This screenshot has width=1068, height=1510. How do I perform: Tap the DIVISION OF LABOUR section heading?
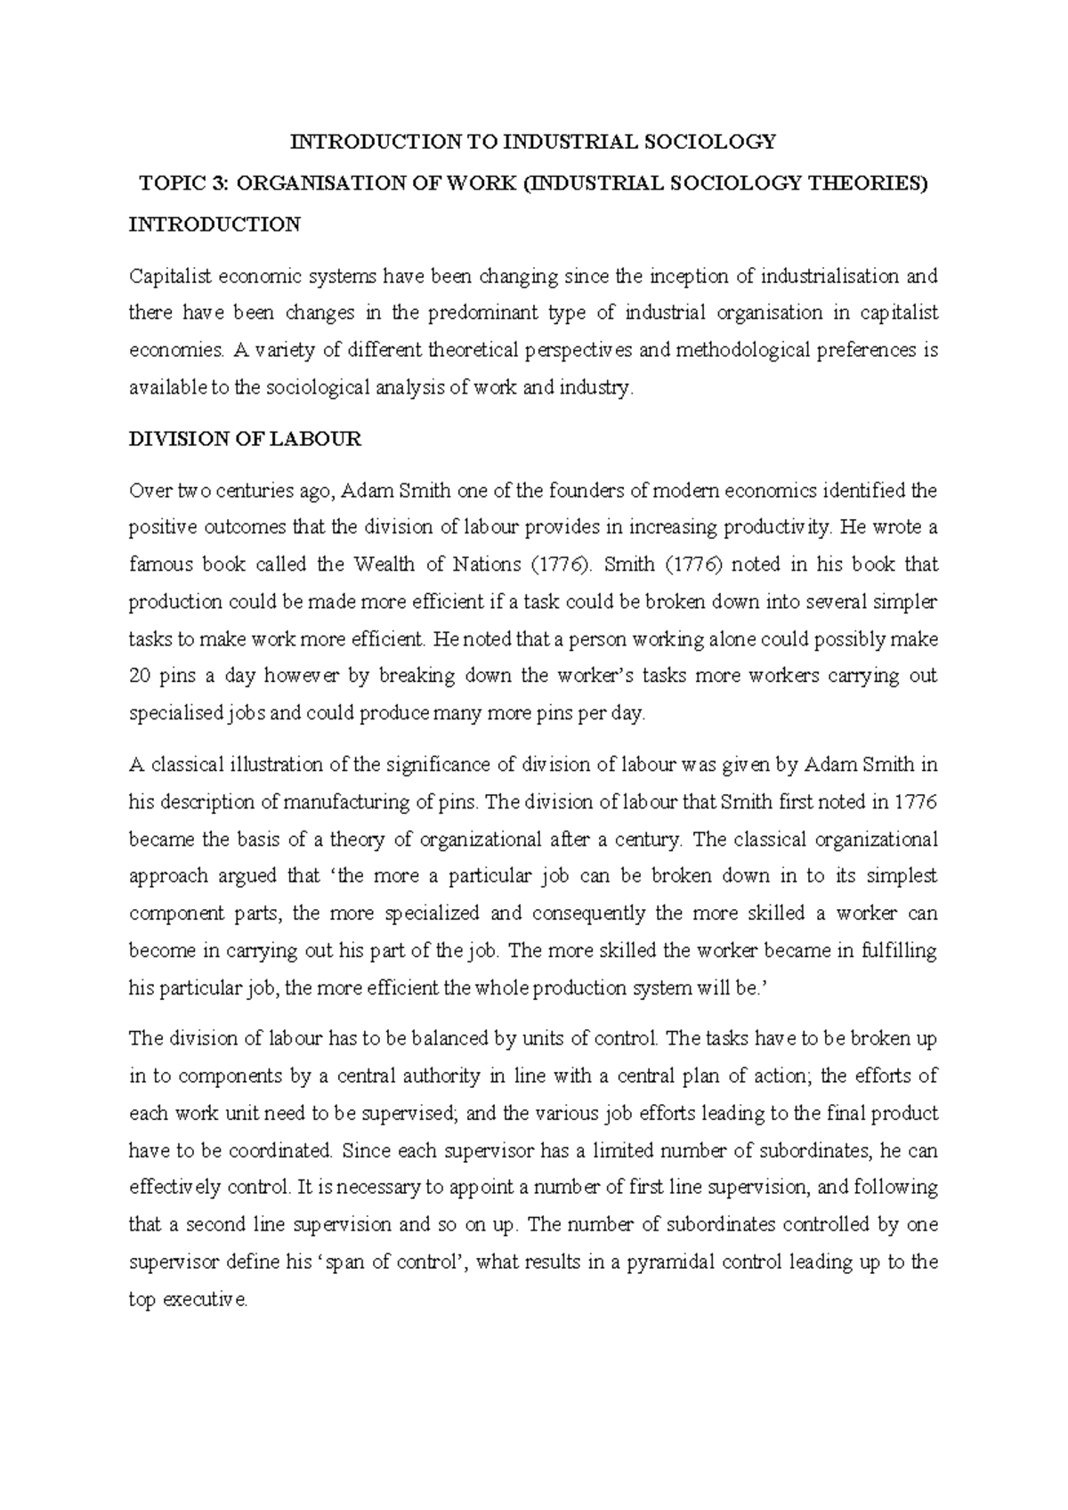(x=245, y=439)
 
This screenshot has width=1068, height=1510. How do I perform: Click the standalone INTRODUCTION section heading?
(x=214, y=224)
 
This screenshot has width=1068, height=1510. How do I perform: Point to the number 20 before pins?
(x=140, y=677)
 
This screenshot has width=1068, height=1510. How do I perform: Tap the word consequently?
(x=588, y=914)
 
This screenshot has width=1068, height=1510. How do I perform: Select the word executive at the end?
(x=205, y=1300)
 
